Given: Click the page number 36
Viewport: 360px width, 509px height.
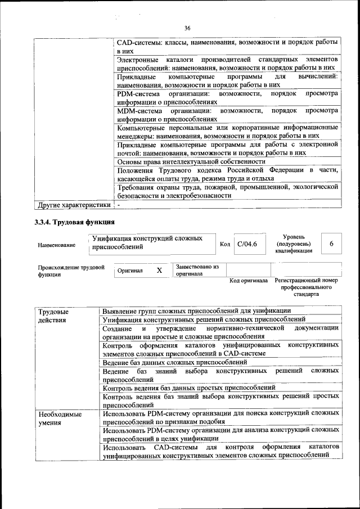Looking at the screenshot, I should [x=187, y=29].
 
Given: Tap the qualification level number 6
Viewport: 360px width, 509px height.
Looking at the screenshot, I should [x=332, y=244].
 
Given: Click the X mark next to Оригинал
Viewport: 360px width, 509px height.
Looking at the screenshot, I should [x=159, y=271].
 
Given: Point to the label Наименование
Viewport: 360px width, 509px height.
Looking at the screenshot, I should [x=57, y=245].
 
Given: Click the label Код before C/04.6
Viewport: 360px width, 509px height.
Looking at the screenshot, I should [x=225, y=245].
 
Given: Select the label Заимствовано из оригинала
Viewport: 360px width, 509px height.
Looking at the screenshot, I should [x=197, y=271].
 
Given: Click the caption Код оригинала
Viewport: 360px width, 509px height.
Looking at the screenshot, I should [x=249, y=280].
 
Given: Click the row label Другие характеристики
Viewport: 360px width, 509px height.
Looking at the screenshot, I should [x=74, y=205].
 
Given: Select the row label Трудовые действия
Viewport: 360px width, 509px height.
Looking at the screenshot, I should [x=53, y=316].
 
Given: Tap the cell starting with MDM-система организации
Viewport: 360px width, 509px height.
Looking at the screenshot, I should [x=227, y=115].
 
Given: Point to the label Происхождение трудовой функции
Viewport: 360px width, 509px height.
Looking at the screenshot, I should [x=71, y=271].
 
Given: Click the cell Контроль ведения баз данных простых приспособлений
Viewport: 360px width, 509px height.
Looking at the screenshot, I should [x=189, y=388].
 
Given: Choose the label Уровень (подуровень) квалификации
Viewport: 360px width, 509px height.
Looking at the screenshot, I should [x=292, y=244].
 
